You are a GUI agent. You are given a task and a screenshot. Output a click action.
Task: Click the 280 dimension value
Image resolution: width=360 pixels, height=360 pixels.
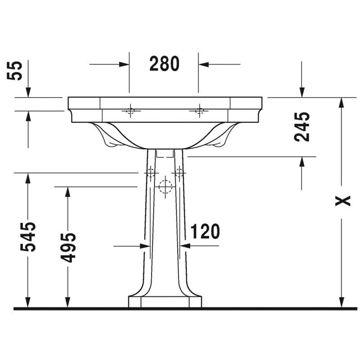pyautogui.click(x=164, y=63)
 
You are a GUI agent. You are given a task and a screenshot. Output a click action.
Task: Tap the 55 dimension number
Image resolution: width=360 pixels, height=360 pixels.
pyautogui.click(x=15, y=71)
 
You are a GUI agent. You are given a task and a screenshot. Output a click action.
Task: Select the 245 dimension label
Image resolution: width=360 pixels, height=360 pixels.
pyautogui.click(x=302, y=126)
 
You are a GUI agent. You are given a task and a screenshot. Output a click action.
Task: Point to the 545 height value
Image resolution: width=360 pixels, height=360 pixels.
pyautogui.click(x=28, y=237)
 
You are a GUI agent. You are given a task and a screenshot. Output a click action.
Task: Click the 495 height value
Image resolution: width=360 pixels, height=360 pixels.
pyautogui.click(x=68, y=247)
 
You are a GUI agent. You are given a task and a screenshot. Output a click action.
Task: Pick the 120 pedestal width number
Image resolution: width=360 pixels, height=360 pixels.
pyautogui.click(x=205, y=231)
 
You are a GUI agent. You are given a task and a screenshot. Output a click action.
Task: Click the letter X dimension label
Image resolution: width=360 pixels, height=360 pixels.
pyautogui.click(x=343, y=201)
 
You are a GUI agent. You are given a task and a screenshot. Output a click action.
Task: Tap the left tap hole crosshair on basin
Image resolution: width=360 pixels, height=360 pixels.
pyautogui.click(x=130, y=111)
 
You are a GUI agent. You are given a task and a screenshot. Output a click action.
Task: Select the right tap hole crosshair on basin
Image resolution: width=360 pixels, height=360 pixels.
pyautogui.click(x=199, y=111)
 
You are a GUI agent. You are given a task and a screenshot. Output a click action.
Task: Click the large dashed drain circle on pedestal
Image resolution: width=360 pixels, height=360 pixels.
pyautogui.click(x=165, y=187)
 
